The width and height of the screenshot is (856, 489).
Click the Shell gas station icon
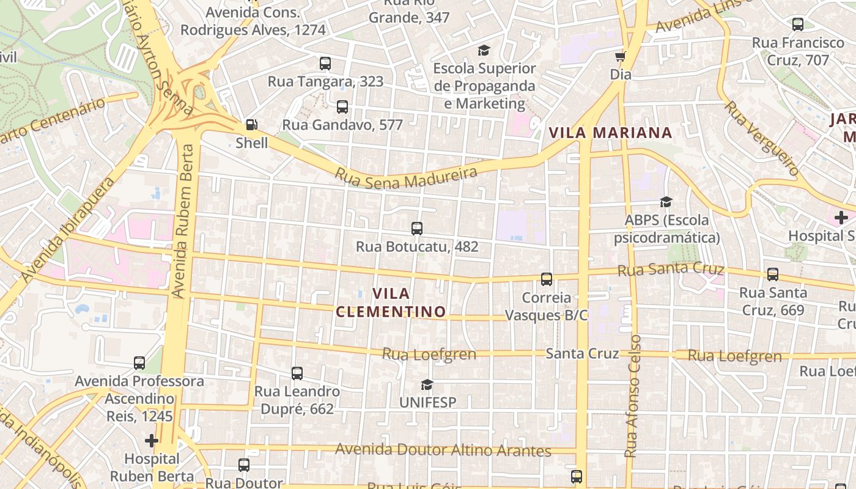251,125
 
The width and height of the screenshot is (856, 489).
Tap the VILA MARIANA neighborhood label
610,133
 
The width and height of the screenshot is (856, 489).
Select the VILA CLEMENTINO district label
391,303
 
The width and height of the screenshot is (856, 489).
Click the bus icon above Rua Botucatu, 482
417,229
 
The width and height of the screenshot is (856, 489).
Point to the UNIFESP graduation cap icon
427,384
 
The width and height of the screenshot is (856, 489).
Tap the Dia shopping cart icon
620,57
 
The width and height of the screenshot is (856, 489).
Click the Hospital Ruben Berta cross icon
151,440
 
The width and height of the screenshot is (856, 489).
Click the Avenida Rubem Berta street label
183,221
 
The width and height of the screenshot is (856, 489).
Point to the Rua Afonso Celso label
633,396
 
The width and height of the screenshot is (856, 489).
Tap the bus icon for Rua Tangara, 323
325,63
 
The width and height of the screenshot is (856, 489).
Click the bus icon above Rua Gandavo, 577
342,107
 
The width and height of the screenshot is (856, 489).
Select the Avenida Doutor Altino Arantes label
443,451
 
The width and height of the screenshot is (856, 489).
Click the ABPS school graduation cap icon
666,202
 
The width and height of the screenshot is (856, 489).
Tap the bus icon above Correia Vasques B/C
547,279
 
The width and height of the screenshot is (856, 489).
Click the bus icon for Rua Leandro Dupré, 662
297,373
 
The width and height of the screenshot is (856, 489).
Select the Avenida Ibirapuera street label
67,230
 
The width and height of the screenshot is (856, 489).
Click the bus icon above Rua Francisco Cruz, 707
797,24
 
